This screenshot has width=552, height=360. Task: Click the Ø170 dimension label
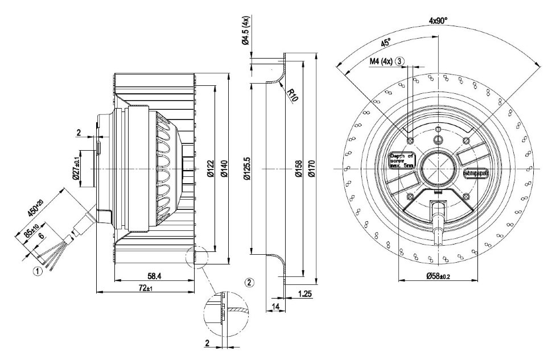pos(312,169)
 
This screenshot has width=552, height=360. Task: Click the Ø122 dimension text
pos(211,169)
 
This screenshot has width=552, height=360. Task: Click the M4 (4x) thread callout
pos(381,61)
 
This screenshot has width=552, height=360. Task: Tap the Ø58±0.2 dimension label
pos(438,276)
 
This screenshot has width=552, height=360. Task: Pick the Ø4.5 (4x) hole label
pos(245,31)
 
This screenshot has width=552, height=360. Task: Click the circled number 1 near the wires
pos(38,271)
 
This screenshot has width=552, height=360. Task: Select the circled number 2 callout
pos(249,282)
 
